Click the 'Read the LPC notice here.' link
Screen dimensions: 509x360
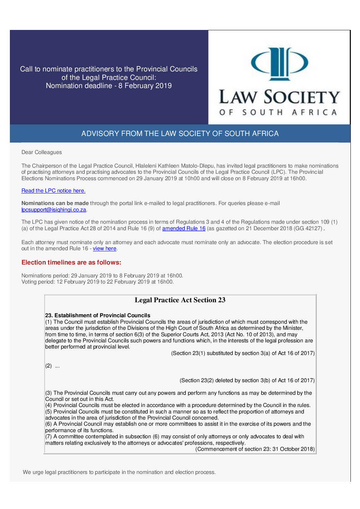coord(53,191)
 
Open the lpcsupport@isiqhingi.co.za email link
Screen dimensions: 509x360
coord(54,210)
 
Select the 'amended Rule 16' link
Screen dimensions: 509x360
coord(184,228)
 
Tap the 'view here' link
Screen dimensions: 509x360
coord(104,249)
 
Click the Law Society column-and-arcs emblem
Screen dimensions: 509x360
coord(279,64)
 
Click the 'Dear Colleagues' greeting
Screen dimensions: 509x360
coord(42,152)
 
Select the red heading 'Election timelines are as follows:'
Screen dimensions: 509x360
coord(71,262)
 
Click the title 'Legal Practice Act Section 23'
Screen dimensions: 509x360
coord(180,300)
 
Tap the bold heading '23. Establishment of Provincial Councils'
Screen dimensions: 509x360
coord(98,316)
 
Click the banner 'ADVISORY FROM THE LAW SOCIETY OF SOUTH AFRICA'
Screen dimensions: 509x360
coord(180,134)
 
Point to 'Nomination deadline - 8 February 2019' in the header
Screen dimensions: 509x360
coord(109,86)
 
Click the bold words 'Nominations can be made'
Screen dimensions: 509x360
coord(55,203)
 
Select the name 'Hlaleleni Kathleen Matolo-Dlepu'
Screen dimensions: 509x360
coord(175,166)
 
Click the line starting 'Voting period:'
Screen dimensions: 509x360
coord(98,282)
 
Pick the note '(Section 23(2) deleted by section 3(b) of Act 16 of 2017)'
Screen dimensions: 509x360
coord(247,380)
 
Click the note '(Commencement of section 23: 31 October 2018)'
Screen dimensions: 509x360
coord(255,449)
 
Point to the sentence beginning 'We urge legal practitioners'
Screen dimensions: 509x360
coord(119,472)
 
